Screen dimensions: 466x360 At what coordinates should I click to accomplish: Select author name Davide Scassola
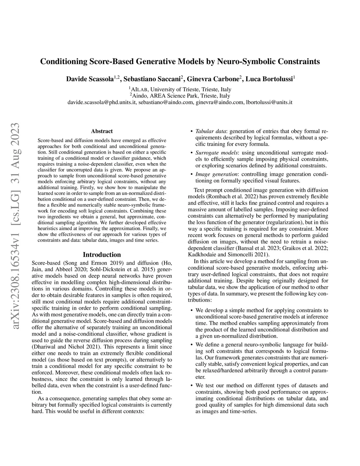[x=90, y=79]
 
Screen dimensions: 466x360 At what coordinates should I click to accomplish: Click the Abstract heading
[x=102, y=131]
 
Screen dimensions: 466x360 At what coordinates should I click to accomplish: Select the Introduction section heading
[x=102, y=255]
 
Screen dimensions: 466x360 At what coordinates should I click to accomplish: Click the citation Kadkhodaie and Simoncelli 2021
[x=228, y=254]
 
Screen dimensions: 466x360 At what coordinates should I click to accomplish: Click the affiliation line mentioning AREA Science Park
[x=180, y=96]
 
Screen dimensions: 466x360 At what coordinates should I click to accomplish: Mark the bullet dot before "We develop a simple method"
[x=191, y=311]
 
